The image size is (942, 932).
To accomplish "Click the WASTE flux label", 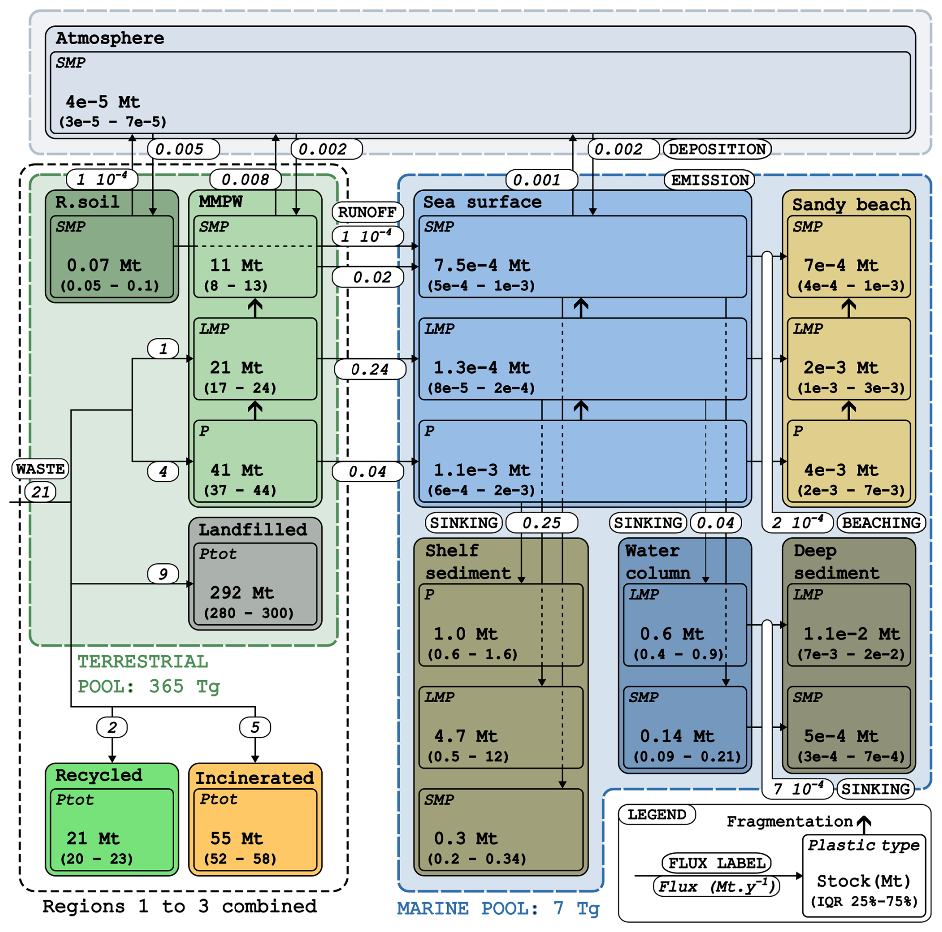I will (40, 468).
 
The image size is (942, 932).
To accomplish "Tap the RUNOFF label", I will (367, 212).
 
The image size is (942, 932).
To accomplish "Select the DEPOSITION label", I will (717, 149).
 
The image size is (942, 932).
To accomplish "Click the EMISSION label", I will (709, 180).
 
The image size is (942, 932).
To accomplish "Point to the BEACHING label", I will (881, 523).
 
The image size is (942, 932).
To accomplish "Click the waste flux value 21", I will (41, 492).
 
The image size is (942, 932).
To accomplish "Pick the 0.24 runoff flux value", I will (370, 369).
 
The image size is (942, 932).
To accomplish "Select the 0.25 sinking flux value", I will (542, 523).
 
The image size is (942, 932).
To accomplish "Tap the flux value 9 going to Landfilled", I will (163, 574).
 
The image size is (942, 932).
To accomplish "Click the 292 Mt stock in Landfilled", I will (241, 593).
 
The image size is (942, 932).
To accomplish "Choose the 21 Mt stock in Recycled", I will (93, 838).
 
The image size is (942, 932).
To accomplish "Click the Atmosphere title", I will (110, 38).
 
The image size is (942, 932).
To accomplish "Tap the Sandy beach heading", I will (851, 204).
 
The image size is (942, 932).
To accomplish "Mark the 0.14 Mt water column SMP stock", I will (677, 736).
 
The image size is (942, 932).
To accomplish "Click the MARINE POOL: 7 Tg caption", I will (498, 909).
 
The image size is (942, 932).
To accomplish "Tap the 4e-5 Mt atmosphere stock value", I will (103, 102).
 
